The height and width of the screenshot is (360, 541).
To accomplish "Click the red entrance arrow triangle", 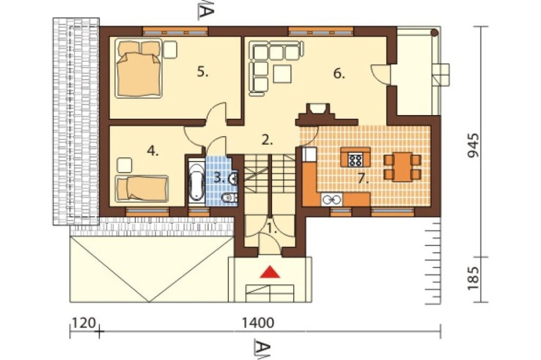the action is pyautogui.click(x=270, y=272).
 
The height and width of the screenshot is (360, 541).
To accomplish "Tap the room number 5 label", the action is pyautogui.click(x=202, y=72).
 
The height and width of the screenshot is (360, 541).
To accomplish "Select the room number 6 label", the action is pyautogui.click(x=339, y=74).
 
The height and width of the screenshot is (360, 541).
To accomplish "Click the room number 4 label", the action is pyautogui.click(x=153, y=151).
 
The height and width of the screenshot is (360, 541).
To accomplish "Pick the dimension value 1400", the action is pyautogui.click(x=258, y=323).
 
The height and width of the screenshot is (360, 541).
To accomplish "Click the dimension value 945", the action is pyautogui.click(x=473, y=145).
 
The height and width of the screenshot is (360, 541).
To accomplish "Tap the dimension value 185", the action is pyautogui.click(x=473, y=278).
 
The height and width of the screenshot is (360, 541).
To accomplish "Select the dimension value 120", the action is pyautogui.click(x=83, y=323).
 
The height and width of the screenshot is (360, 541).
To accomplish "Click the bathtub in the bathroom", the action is pyautogui.click(x=197, y=182).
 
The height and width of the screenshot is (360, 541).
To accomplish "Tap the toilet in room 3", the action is pyautogui.click(x=229, y=198).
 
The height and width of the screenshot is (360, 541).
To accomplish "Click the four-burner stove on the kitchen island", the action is pyautogui.click(x=355, y=160).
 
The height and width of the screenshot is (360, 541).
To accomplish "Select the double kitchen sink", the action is pyautogui.click(x=332, y=199).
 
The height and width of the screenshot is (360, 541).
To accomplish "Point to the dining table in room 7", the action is pyautogui.click(x=403, y=167).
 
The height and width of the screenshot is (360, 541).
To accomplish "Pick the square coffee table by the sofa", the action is pyautogui.click(x=282, y=74).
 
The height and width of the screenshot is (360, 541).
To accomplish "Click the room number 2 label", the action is pyautogui.click(x=267, y=139).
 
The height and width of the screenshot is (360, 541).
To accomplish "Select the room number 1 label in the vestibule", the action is pyautogui.click(x=273, y=229).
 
